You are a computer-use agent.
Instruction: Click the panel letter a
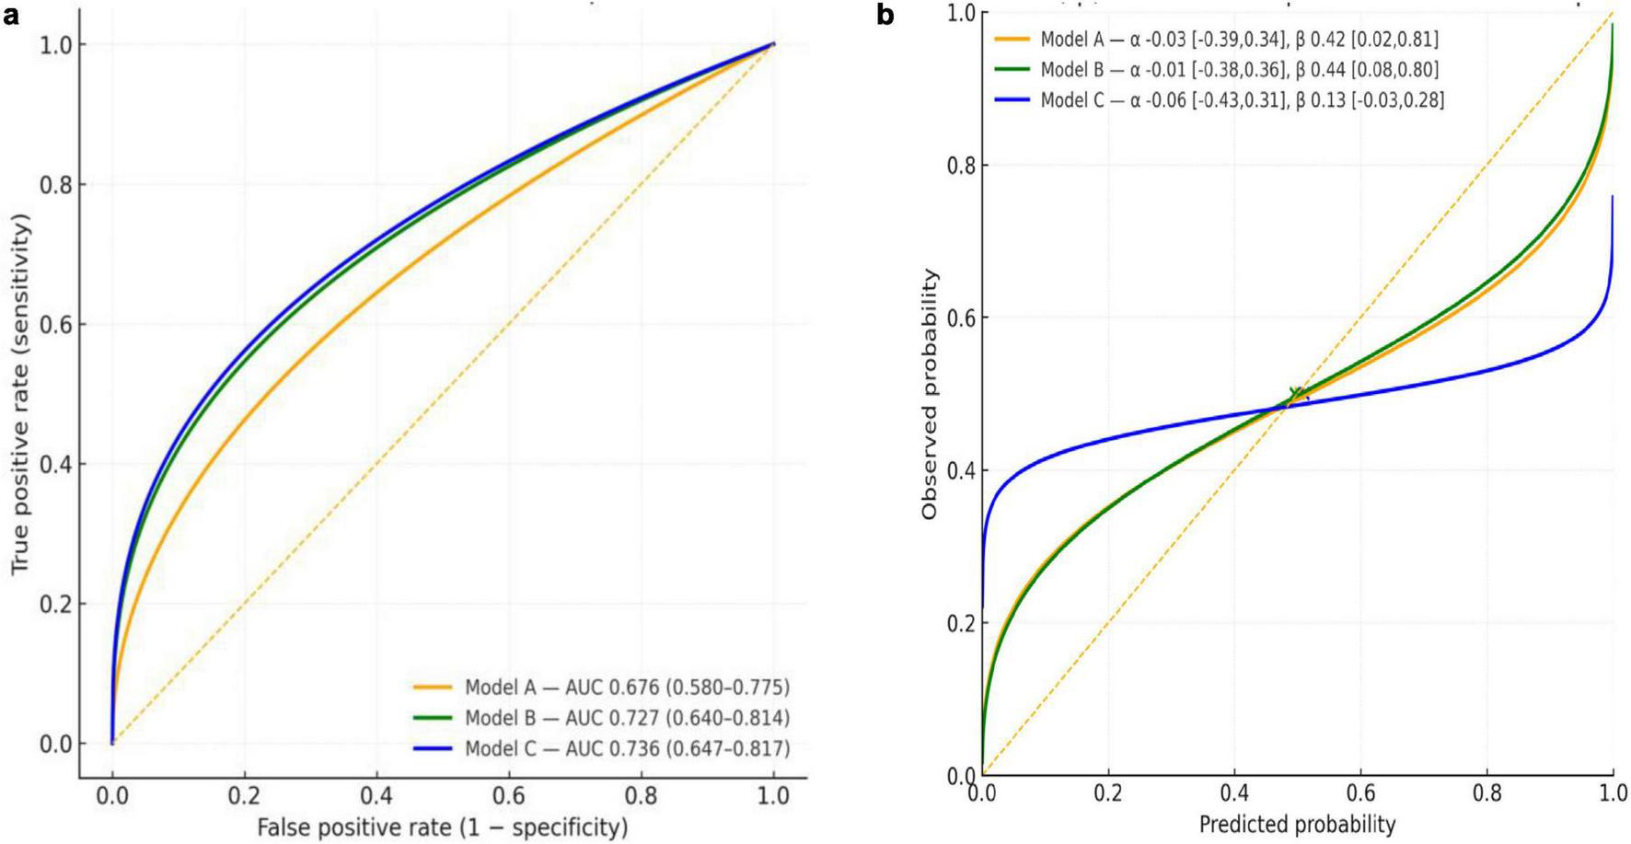pyautogui.click(x=10, y=15)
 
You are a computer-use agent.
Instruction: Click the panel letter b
pyautogui.click(x=886, y=16)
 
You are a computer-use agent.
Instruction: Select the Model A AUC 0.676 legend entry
pyautogui.click(x=626, y=687)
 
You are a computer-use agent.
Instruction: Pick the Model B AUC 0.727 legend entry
pyautogui.click(x=626, y=718)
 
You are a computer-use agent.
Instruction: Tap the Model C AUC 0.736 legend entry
pyautogui.click(x=626, y=748)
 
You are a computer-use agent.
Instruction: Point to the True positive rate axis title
pyautogui.click(x=20, y=395)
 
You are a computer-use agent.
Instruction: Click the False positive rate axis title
pyautogui.click(x=442, y=827)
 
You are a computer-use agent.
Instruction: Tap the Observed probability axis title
pyautogui.click(x=931, y=395)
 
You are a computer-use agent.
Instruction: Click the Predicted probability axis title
pyautogui.click(x=1297, y=824)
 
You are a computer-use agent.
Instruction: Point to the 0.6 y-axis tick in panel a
pyautogui.click(x=57, y=325)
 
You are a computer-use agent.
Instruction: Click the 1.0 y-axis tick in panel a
pyautogui.click(x=57, y=45)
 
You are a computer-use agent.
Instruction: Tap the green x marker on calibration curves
pyautogui.click(x=1296, y=394)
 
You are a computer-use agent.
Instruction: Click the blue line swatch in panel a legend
pyautogui.click(x=433, y=748)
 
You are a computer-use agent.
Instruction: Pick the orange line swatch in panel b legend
pyautogui.click(x=1010, y=39)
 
